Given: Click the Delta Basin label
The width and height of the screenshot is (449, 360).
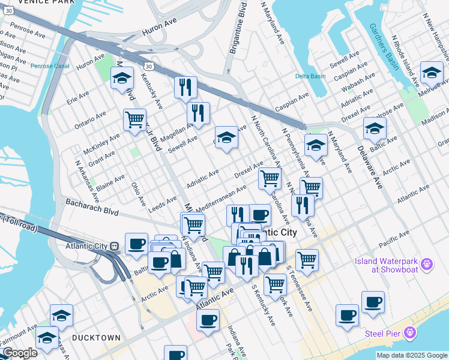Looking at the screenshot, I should (310, 76).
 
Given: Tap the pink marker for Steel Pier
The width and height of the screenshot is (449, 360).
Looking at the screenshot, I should (410, 332).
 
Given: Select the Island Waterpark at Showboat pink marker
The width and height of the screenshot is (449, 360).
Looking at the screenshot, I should (427, 263).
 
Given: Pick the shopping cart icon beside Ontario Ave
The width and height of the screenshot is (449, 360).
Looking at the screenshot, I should (134, 118).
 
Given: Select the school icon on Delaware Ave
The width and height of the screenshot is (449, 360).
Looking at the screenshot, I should (375, 128).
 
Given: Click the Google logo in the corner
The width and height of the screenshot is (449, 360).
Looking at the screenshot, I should (19, 353).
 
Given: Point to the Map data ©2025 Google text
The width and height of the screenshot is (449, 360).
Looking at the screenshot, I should (412, 355).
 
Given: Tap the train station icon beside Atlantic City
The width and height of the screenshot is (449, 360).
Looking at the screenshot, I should (114, 246).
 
